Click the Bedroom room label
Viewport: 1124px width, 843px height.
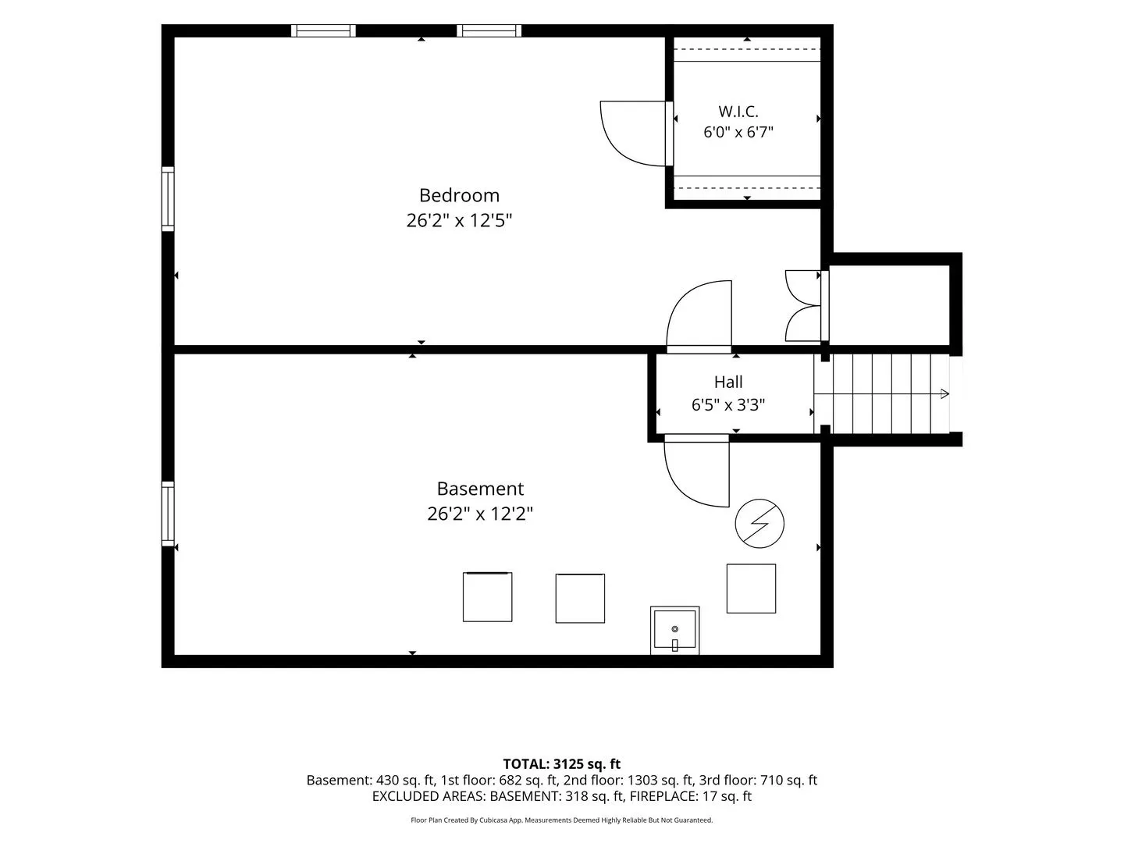459,195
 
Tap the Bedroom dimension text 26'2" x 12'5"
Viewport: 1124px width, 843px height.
459,221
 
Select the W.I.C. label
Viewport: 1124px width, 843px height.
738,111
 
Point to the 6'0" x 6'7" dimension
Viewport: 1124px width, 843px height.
738,132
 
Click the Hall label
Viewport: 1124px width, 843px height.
728,382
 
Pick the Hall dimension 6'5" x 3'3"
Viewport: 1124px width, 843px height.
728,405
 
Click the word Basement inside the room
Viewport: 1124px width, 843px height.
480,489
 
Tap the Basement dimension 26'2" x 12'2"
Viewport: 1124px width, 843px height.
480,514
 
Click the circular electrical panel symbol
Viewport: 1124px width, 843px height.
759,524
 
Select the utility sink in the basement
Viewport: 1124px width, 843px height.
675,630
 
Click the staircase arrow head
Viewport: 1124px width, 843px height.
945,393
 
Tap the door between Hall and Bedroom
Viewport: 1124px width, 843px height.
699,317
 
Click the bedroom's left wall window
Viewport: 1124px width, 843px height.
168,198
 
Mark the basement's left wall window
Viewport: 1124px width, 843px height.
168,514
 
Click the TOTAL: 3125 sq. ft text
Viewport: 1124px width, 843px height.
561,764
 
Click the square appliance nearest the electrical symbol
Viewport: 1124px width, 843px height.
751,589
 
